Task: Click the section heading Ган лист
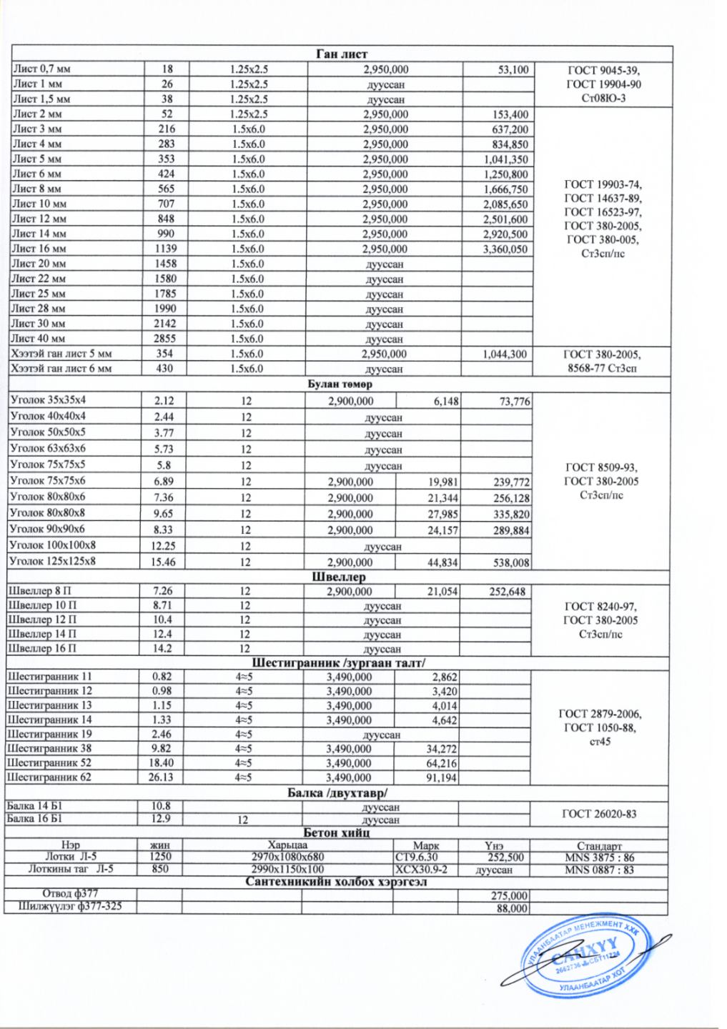click(x=342, y=54)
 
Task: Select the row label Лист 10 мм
click(x=39, y=204)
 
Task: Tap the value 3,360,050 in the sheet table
click(x=505, y=249)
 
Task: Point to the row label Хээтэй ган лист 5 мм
click(x=61, y=354)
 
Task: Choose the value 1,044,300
click(x=505, y=354)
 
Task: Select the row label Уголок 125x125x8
click(x=53, y=562)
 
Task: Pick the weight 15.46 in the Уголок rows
click(x=164, y=562)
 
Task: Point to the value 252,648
click(x=507, y=592)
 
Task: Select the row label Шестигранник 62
click(x=49, y=777)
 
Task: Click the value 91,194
click(x=442, y=777)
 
